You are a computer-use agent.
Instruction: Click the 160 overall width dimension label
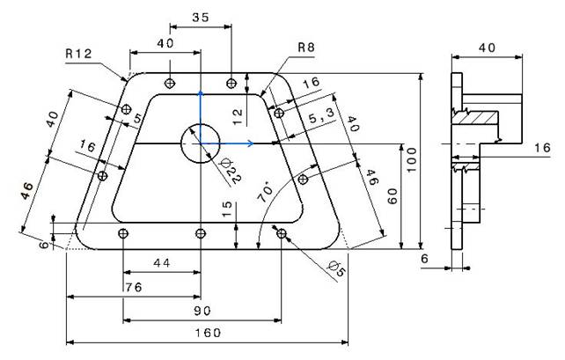pos(208,332)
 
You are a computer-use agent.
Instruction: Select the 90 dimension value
pos(202,311)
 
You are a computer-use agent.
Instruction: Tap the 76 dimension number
pos(134,287)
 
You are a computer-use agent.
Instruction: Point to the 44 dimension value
pos(161,263)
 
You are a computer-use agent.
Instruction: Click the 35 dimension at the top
pos(201,18)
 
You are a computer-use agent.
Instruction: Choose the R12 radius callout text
pos(78,54)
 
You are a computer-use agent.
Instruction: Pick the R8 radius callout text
pos(306,48)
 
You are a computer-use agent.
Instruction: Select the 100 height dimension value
pos(411,160)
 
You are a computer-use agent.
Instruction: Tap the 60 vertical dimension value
pos(393,196)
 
